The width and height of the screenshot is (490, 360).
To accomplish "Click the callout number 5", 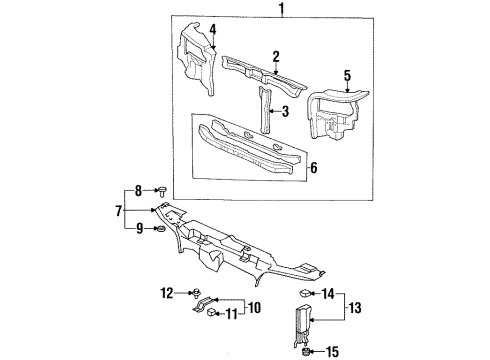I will pos(347,74).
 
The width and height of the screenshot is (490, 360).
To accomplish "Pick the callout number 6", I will pos(314,167).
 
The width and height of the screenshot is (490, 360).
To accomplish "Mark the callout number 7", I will pos(118,211).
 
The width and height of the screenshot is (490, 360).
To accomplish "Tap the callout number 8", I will pos(138,190).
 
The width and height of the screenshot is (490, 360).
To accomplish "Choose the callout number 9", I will pos(138,231).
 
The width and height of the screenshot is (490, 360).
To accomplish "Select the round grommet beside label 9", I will pos(161,231).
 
